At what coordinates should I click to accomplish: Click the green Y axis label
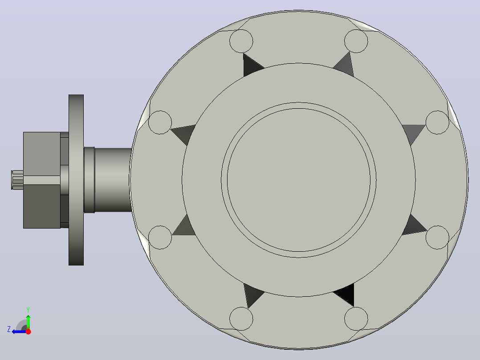coord(28,310)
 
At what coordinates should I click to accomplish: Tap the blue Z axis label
coord(9,329)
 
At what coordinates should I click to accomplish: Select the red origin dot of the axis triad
coord(28,331)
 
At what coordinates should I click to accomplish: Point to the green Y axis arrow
coord(28,321)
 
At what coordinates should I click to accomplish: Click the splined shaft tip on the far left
coord(17,180)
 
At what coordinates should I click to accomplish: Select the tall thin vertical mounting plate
coord(76,180)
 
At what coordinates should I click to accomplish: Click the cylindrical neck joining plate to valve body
coord(108,180)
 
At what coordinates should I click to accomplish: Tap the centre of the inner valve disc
coord(298,180)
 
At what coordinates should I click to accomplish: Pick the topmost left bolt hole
coord(241,41)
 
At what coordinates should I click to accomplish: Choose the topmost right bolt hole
coord(356,41)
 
